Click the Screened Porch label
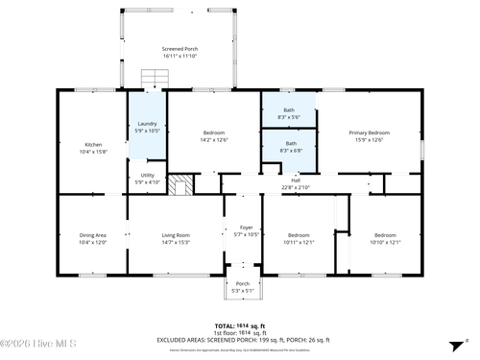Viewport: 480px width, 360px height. (180, 48)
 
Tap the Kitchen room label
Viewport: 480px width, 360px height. (93, 145)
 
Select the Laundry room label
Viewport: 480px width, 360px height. (147, 123)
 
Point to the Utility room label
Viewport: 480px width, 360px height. (147, 175)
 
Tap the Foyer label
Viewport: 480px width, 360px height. (247, 228)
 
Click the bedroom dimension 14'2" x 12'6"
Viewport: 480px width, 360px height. (214, 140)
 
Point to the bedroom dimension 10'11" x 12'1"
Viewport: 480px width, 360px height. (300, 242)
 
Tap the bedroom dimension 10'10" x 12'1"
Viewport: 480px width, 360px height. (385, 242)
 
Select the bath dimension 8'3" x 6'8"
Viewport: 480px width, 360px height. (289, 150)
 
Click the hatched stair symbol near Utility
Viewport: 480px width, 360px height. (180, 184)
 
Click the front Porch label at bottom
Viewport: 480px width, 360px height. (243, 283)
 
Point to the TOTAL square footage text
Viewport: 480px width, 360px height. (239, 325)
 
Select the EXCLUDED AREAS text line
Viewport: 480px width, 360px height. (239, 339)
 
